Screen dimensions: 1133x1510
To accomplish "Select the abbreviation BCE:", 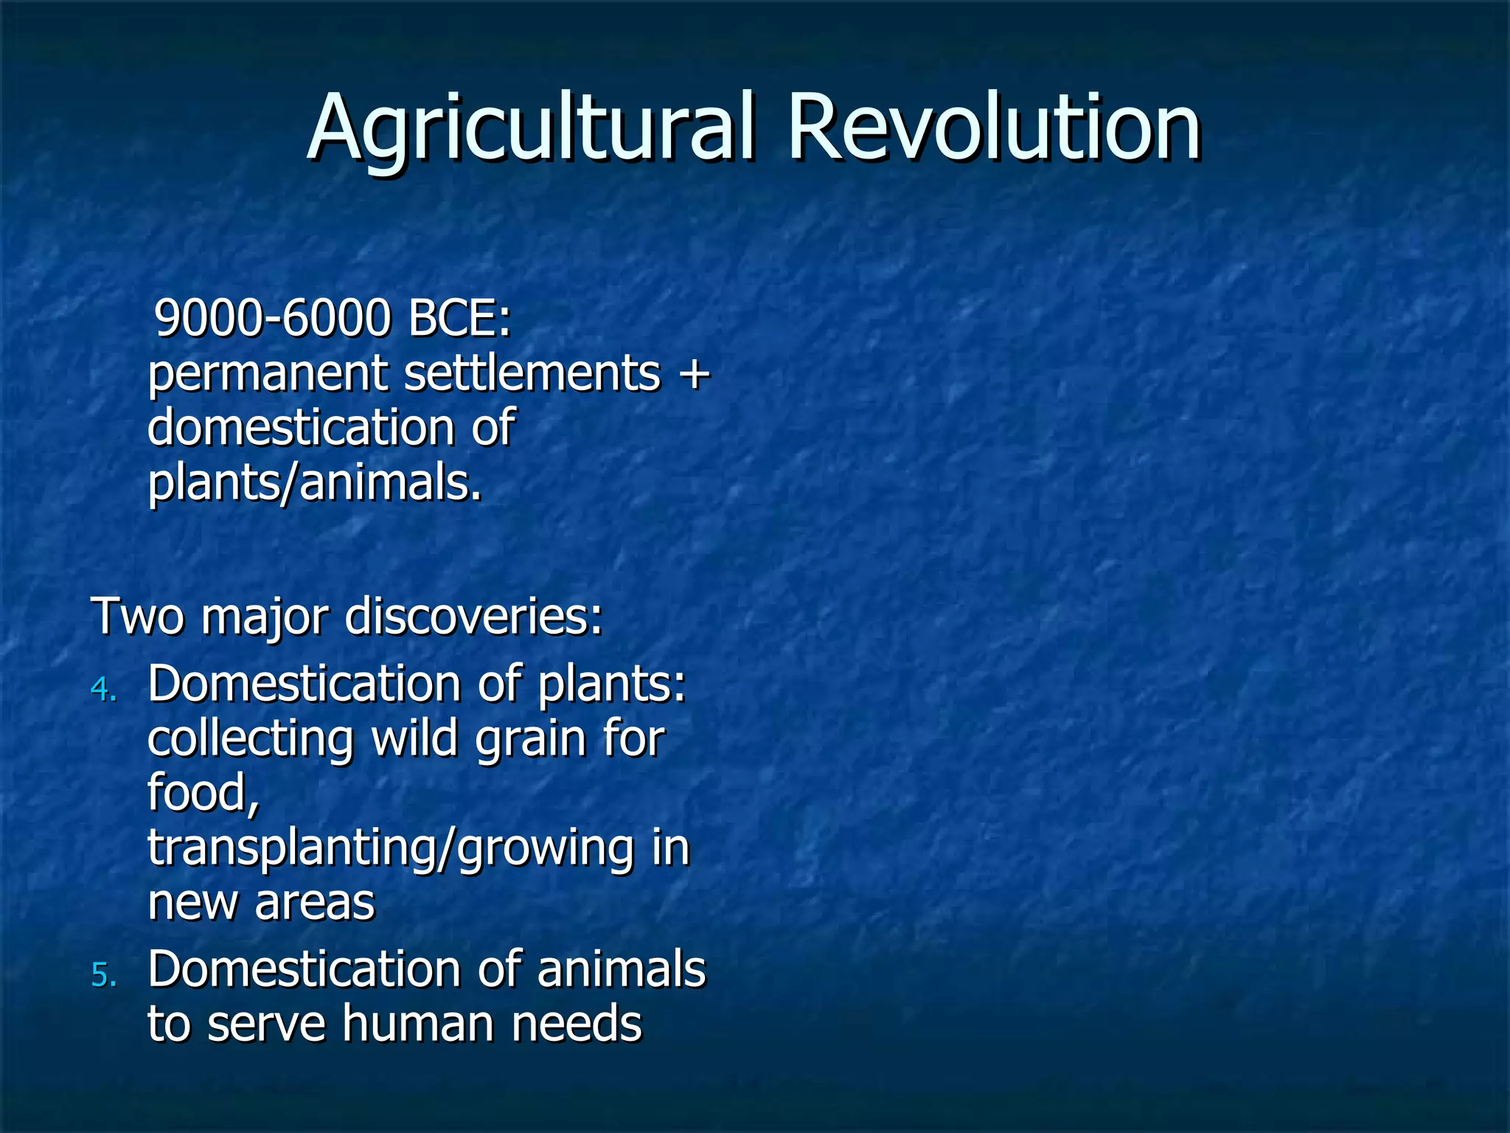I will coord(459,319).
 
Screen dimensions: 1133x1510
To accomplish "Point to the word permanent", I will coord(267,375).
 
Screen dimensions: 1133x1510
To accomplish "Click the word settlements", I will coord(532,373).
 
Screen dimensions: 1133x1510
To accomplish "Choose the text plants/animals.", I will coord(315,483).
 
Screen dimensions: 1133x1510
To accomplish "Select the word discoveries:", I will coord(473,617).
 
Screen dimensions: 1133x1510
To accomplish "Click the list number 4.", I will coord(103,689).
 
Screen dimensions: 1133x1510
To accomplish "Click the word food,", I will coord(204,793).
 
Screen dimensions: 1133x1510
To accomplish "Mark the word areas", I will coord(315,903).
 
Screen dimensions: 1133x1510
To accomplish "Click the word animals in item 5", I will coord(621,969).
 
